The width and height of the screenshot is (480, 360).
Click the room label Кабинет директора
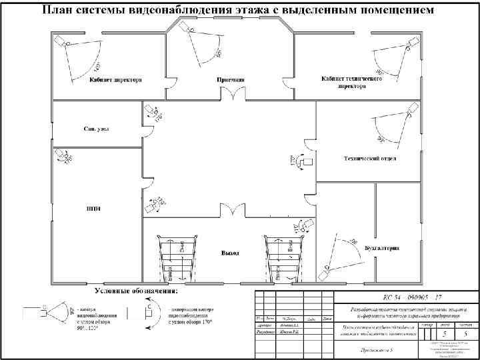115,80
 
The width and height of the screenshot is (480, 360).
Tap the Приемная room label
231,80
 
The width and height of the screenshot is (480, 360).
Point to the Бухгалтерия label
382,247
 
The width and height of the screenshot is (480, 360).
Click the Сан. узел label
97,128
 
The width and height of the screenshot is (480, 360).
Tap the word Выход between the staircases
231,253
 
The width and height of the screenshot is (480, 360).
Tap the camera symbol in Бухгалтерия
327,269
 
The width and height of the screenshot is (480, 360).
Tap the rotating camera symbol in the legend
149,312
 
